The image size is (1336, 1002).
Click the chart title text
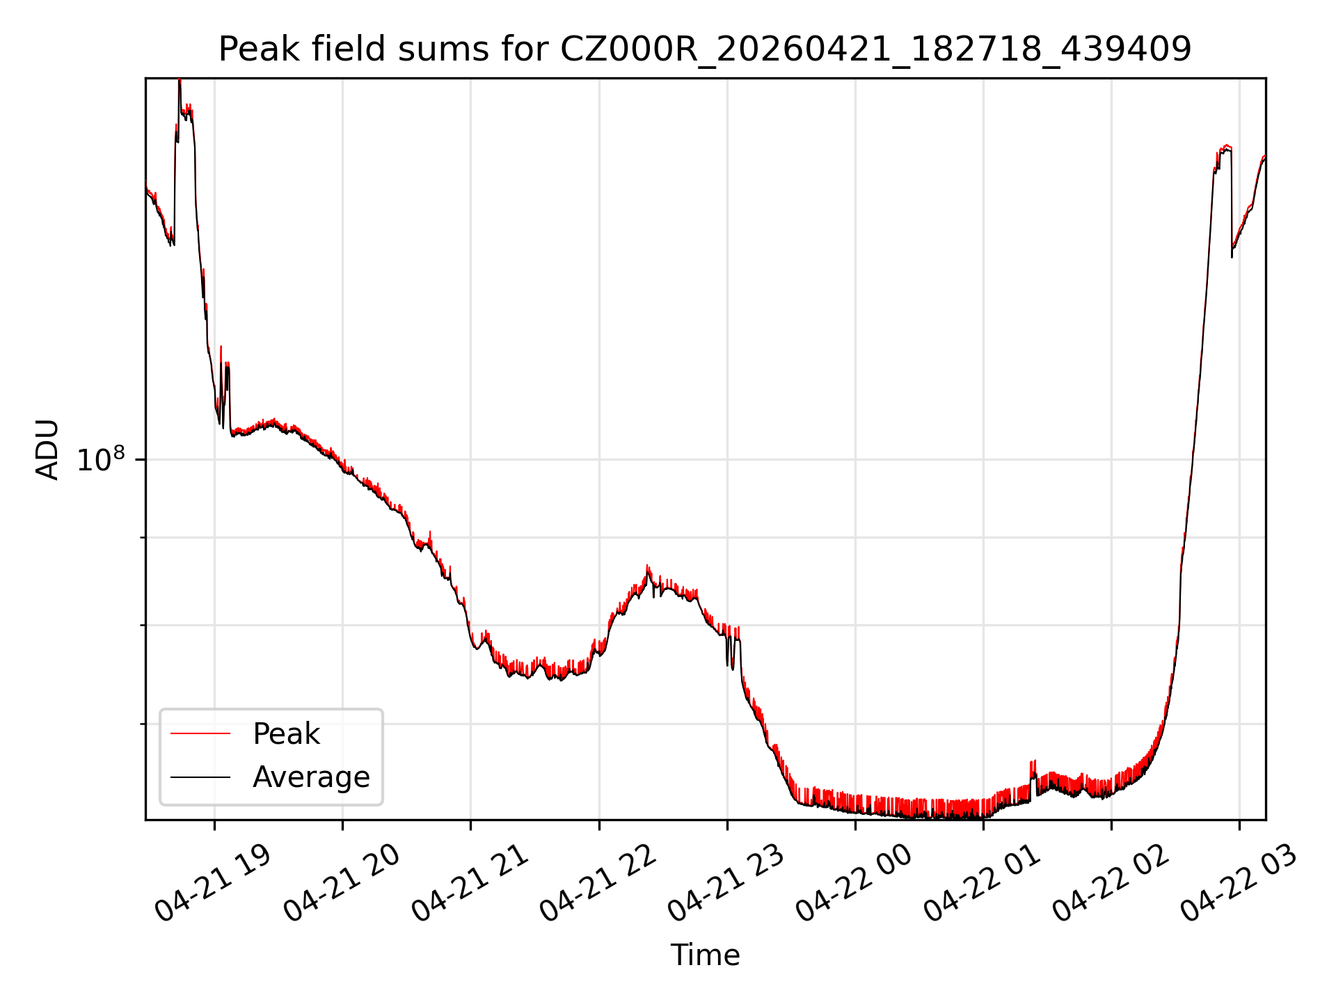tap(705, 49)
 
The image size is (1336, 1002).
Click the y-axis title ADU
tap(47, 450)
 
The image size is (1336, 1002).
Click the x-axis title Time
tap(705, 955)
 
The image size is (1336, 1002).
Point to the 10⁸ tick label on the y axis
tap(101, 459)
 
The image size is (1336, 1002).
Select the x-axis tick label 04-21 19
tap(212, 884)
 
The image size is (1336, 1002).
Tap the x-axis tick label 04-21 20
tap(342, 884)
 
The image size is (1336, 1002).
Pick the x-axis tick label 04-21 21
tap(470, 884)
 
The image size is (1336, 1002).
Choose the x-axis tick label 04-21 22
tap(598, 884)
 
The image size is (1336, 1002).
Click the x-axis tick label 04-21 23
tap(726, 884)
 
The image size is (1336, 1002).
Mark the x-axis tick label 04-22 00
tap(854, 884)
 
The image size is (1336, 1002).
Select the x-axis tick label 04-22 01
tap(982, 884)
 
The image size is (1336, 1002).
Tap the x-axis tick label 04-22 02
tap(1111, 884)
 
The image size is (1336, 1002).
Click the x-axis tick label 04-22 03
tap(1239, 884)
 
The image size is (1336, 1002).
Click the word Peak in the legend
tap(286, 734)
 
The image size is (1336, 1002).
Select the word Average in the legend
tap(311, 777)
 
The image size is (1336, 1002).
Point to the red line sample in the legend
tap(200, 733)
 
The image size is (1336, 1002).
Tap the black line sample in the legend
tap(200, 777)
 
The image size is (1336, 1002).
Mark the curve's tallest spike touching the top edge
tap(180, 80)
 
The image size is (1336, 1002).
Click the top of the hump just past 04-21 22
tap(648, 566)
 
